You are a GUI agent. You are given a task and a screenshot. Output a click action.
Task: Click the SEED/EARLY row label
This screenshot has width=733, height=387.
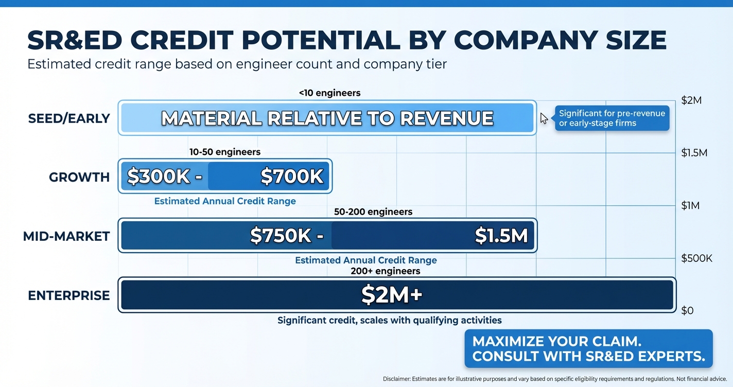pyautogui.click(x=69, y=118)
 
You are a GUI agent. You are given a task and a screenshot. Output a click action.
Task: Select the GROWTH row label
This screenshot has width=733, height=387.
pyautogui.click(x=79, y=177)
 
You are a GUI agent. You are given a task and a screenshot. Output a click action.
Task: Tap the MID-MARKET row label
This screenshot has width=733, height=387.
pyautogui.click(x=66, y=236)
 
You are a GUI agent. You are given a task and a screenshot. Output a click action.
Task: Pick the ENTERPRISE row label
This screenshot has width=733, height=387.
pyautogui.click(x=69, y=295)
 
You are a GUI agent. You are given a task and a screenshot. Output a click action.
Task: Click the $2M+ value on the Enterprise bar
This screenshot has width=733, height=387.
pyautogui.click(x=392, y=295)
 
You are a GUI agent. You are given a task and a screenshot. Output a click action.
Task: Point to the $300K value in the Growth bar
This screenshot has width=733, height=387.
pyautogui.click(x=159, y=177)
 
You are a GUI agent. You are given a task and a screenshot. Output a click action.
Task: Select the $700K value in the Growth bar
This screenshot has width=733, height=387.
pyautogui.click(x=292, y=177)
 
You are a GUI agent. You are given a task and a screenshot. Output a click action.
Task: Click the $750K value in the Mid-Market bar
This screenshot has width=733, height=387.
pyautogui.click(x=281, y=236)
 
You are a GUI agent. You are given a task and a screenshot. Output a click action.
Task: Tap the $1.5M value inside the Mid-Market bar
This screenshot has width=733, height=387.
pyautogui.click(x=501, y=236)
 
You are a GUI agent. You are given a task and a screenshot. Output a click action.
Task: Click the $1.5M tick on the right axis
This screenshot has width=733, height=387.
pyautogui.click(x=694, y=153)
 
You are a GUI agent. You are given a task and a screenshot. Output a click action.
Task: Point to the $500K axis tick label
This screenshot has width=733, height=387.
pyautogui.click(x=696, y=258)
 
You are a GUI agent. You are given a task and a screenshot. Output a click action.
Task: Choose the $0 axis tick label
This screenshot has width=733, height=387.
pyautogui.click(x=687, y=310)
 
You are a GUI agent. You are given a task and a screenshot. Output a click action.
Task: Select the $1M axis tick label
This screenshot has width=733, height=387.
pyautogui.click(x=690, y=206)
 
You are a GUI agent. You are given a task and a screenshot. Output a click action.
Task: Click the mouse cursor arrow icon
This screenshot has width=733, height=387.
pyautogui.click(x=544, y=118)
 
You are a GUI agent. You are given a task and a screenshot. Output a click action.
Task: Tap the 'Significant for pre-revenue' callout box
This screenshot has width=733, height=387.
pyautogui.click(x=612, y=118)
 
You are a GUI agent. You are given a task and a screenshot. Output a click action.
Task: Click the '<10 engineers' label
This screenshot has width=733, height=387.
pyautogui.click(x=329, y=93)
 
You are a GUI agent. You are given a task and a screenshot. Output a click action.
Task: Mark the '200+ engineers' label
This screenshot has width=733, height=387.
pyautogui.click(x=385, y=271)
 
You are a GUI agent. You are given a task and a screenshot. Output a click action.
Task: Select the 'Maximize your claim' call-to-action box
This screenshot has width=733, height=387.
pyautogui.click(x=588, y=348)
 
